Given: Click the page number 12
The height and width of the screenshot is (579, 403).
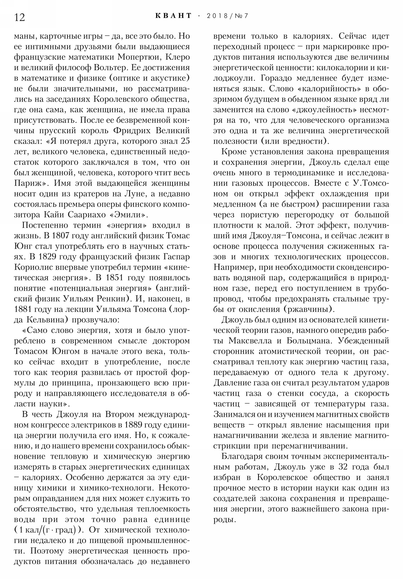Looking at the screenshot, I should [x=20, y=17].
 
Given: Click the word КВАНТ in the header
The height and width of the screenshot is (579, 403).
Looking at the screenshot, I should [x=174, y=16].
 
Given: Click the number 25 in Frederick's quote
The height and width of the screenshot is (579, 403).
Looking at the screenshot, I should [x=185, y=141].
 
